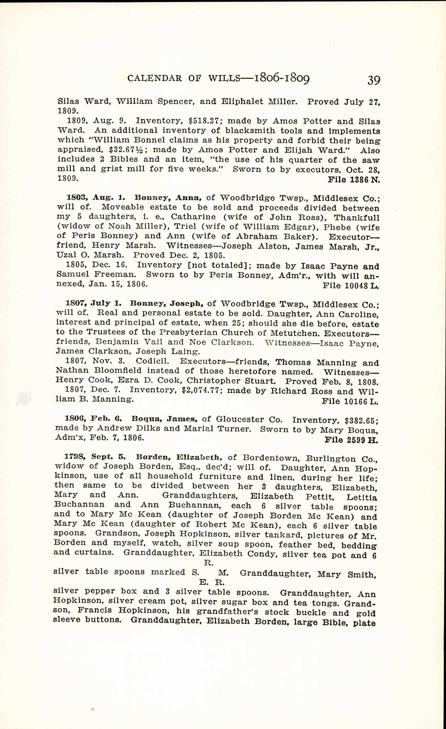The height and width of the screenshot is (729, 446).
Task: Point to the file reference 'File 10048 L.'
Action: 351,286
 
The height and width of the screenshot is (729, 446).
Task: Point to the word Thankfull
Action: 356,218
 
